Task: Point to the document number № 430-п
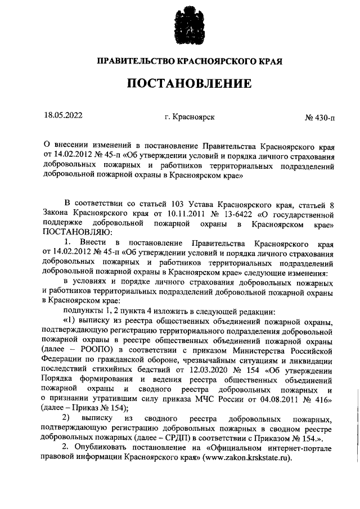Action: coord(319,118)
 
